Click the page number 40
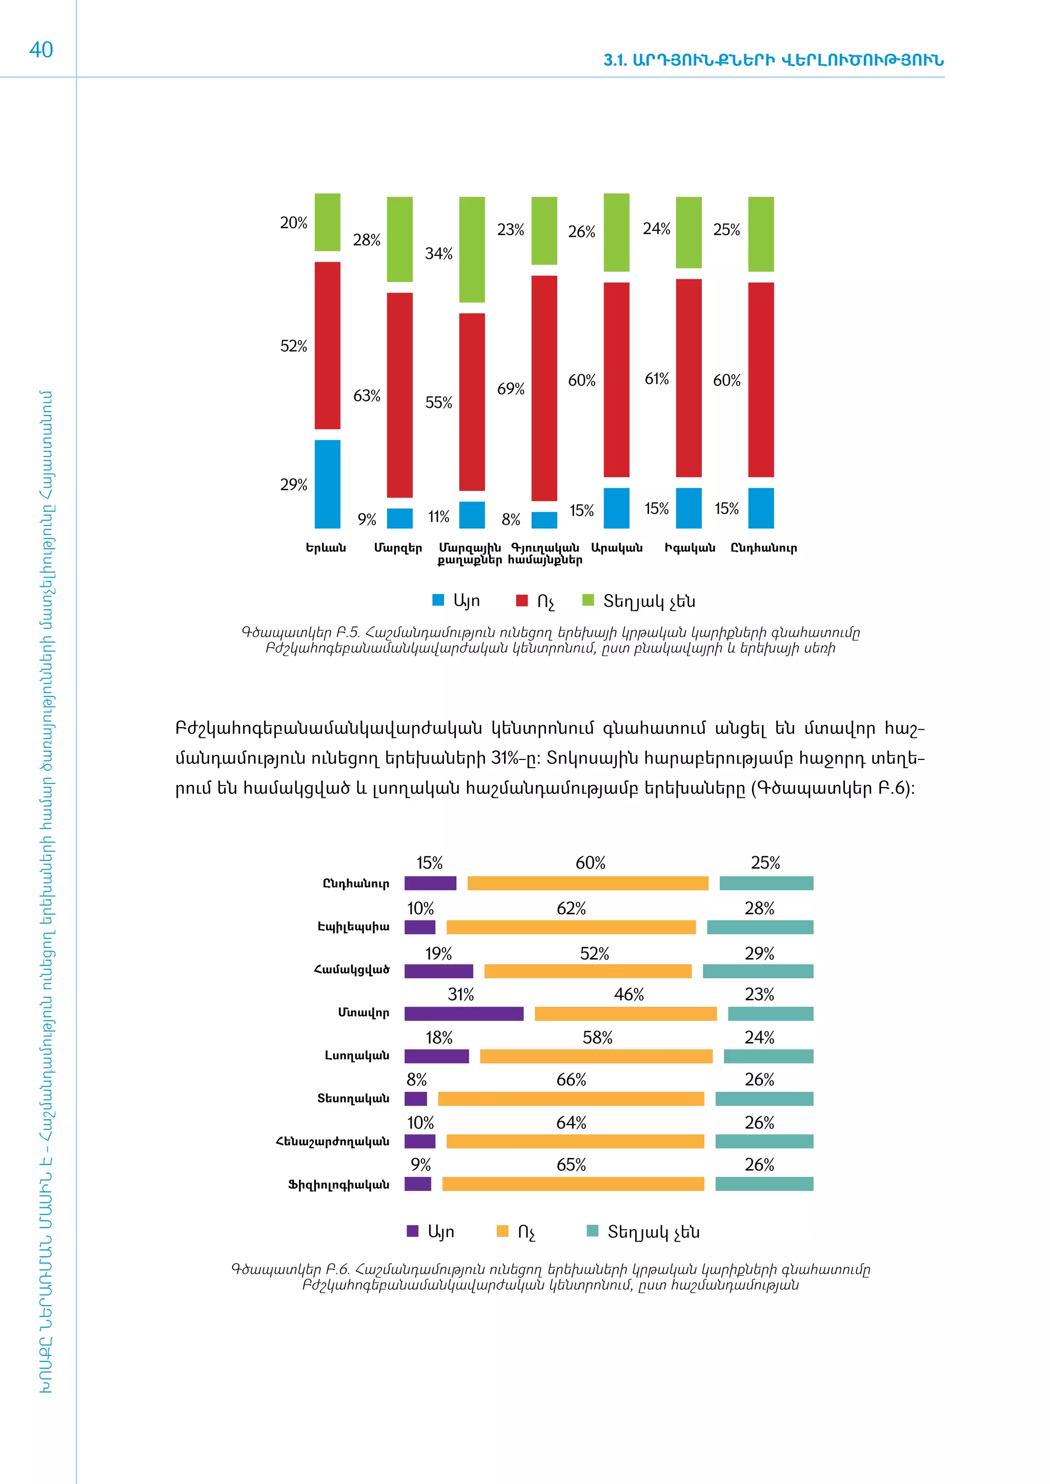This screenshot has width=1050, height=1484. (42, 50)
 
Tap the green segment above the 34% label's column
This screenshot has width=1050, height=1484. (472, 250)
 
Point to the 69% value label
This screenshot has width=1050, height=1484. (510, 389)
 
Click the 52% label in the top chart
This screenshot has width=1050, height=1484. (294, 346)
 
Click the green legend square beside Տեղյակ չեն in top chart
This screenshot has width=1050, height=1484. (589, 600)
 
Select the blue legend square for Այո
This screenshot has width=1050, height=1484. (438, 600)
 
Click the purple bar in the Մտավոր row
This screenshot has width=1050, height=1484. (463, 1014)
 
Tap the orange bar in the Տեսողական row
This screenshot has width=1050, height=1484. (571, 1099)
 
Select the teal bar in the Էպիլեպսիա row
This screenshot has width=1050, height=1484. (760, 928)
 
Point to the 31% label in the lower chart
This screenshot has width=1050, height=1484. (461, 995)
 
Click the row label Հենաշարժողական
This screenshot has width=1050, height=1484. (333, 1141)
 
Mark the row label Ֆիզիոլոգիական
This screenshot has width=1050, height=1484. (339, 1185)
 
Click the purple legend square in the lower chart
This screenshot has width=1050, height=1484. (413, 1231)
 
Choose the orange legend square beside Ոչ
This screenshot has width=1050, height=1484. (502, 1231)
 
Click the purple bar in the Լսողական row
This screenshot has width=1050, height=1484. (436, 1056)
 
